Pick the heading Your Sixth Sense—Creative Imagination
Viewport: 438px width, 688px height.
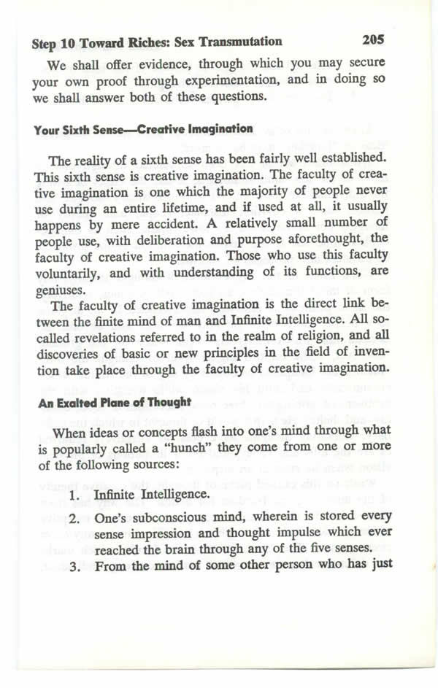click(x=143, y=129)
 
